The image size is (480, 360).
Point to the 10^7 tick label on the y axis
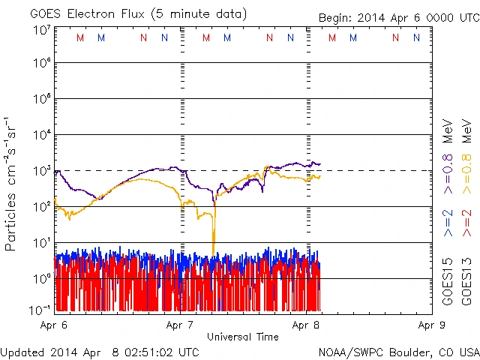40,29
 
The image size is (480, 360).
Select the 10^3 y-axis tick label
40,170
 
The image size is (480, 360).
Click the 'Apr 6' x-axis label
53,325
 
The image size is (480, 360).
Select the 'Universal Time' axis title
243,337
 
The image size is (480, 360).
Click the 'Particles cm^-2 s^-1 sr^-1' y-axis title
11,183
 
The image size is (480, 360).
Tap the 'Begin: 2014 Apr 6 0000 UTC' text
397,17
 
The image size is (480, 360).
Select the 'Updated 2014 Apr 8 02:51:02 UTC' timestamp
100,351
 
